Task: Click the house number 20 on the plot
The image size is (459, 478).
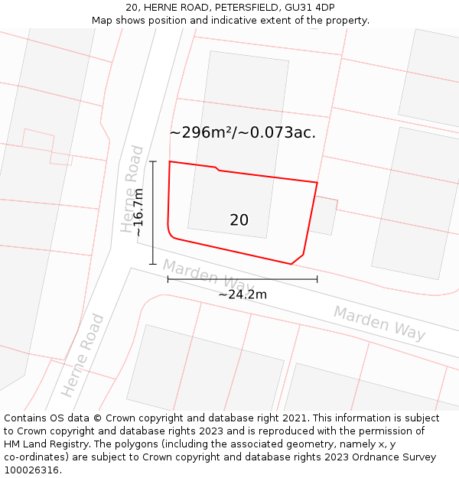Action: point(239,220)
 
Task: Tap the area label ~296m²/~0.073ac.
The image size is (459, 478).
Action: point(243,132)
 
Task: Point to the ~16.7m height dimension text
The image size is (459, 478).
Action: point(138,212)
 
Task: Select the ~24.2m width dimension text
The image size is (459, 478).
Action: point(243,294)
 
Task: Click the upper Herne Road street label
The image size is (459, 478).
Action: point(132,189)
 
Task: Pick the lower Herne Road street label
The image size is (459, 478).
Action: point(83,355)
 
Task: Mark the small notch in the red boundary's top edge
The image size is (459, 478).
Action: point(217,168)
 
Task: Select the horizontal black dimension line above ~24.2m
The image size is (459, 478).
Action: point(243,279)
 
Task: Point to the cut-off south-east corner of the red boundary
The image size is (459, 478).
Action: point(298,259)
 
